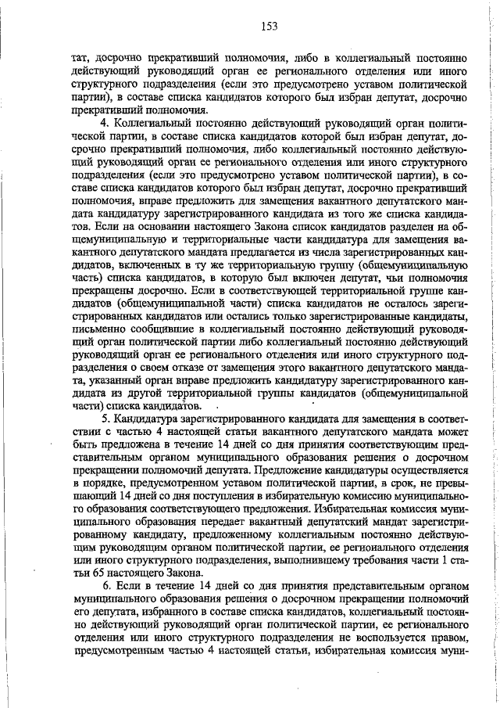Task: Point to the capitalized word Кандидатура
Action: click(x=147, y=420)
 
